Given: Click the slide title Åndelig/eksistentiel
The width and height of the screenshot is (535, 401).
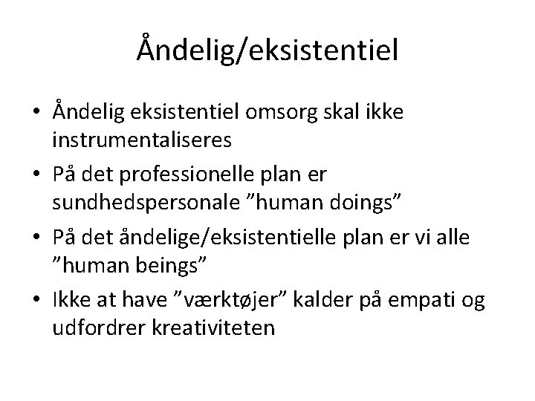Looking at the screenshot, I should (267, 50).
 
